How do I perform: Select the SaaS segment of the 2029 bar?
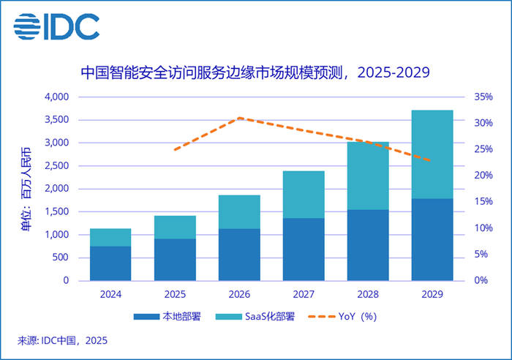click(x=432, y=154)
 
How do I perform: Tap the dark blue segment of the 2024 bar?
click(x=110, y=263)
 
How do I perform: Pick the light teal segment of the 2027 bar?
click(x=304, y=195)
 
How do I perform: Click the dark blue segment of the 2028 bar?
click(x=367, y=245)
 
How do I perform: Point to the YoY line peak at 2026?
click(x=239, y=118)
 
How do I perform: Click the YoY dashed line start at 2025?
click(x=175, y=149)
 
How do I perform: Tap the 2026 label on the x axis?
click(x=238, y=294)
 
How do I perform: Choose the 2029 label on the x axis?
click(x=432, y=294)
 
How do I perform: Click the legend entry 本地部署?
click(x=173, y=317)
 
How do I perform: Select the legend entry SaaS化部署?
click(x=264, y=317)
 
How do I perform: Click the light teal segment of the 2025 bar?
click(x=175, y=227)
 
